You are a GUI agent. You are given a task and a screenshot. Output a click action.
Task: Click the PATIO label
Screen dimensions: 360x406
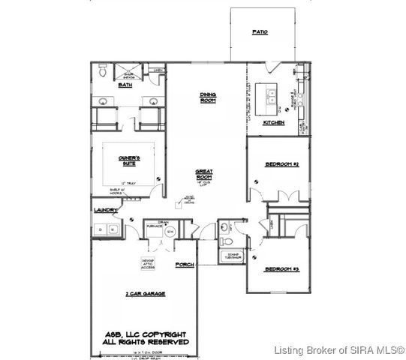tap(260, 33)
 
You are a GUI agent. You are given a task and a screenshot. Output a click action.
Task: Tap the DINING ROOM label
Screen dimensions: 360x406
tap(208, 97)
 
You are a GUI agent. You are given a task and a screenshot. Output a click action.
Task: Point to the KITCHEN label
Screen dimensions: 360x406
tap(273, 122)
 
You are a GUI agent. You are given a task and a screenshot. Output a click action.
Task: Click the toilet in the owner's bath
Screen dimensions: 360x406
tap(103, 73)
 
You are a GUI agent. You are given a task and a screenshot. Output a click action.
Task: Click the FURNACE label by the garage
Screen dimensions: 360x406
tap(155, 227)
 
